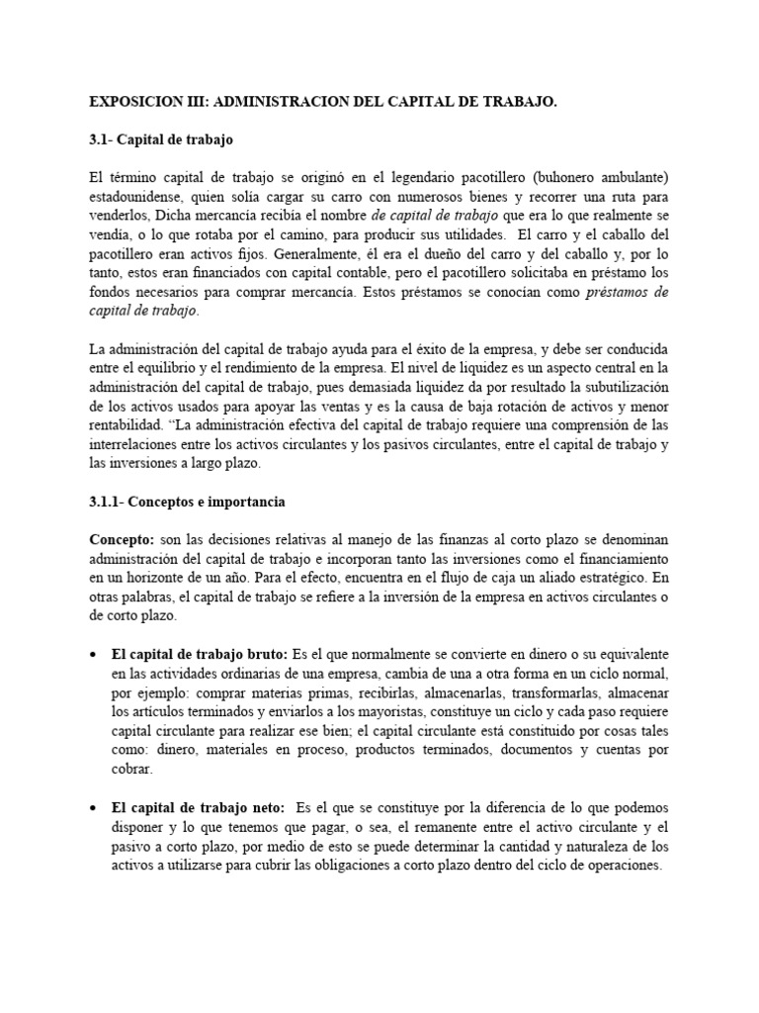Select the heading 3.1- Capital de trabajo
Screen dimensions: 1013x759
pos(161,139)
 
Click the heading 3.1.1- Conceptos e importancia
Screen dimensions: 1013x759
pos(187,502)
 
